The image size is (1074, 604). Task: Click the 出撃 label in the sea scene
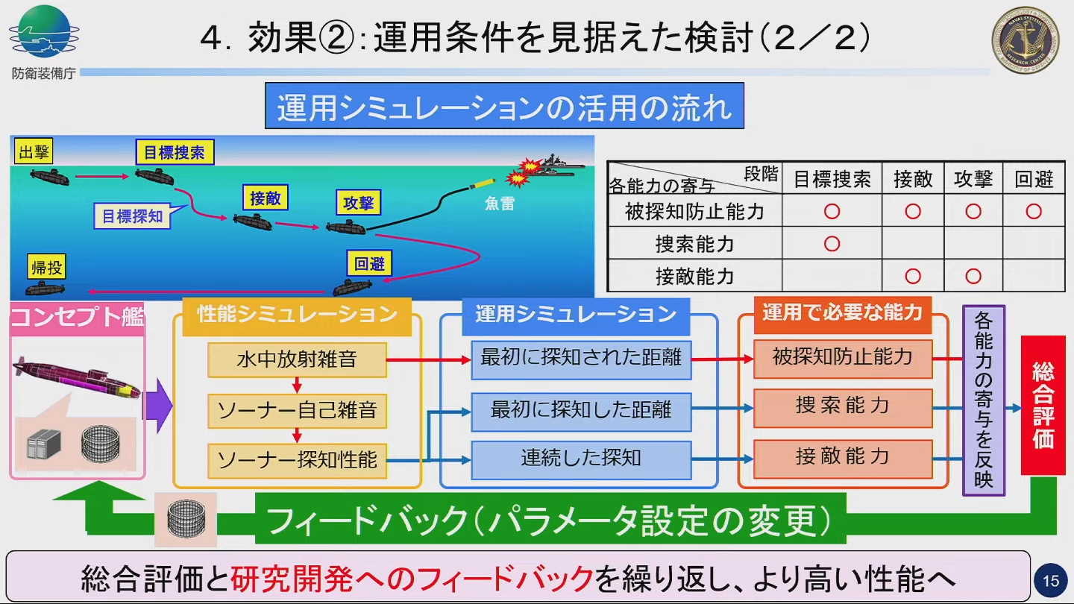click(34, 152)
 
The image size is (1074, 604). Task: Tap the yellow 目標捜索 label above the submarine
click(175, 152)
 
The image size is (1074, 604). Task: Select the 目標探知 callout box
click(132, 216)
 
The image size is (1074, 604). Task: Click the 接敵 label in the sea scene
click(265, 198)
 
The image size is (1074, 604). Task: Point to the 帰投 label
click(46, 267)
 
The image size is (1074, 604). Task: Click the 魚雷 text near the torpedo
click(499, 203)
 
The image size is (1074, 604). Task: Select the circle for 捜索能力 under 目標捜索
click(832, 244)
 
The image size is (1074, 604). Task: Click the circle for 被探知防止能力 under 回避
click(1033, 212)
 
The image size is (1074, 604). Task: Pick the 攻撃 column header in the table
click(973, 179)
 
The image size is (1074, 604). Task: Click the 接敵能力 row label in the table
click(694, 277)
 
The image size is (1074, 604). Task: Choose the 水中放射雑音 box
click(297, 359)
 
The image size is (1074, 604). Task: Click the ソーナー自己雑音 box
click(297, 410)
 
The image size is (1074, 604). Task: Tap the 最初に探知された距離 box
click(581, 358)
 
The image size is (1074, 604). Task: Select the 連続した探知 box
click(581, 458)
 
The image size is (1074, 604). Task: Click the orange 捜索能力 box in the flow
click(843, 406)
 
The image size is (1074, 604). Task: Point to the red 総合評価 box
click(1043, 405)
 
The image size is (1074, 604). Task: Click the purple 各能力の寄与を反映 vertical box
click(984, 400)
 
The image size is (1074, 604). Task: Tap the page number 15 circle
click(1050, 581)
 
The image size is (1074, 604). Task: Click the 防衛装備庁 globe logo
click(43, 31)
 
